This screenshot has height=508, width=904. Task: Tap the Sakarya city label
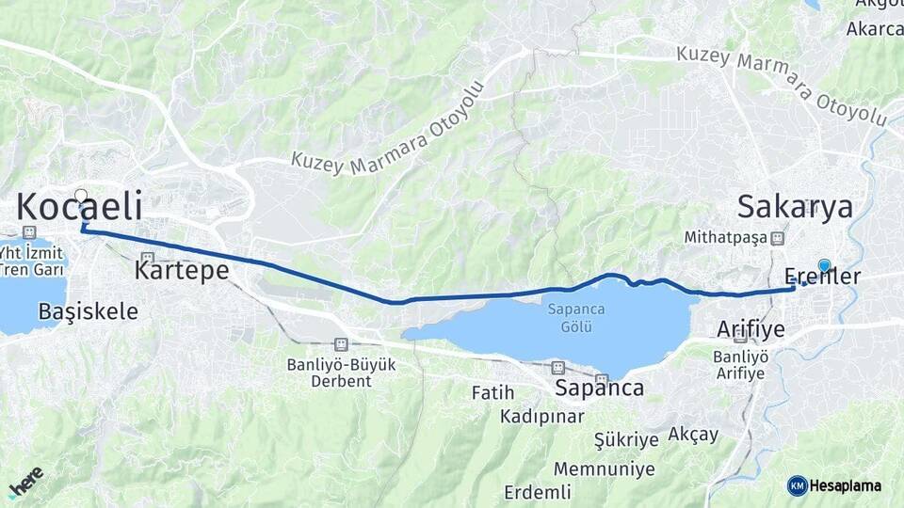[795, 207]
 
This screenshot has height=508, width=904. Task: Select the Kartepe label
[182, 271]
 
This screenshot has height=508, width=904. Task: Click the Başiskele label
[89, 311]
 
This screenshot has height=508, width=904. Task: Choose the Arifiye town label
[751, 329]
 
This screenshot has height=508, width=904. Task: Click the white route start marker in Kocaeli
[81, 197]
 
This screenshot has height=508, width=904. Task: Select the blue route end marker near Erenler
[825, 266]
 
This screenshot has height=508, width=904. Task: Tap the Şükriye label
[626, 439]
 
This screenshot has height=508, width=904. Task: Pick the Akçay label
[693, 435]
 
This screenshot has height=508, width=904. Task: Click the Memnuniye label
[604, 468]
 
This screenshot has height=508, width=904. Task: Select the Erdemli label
[538, 492]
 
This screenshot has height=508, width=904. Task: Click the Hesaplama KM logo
[834, 485]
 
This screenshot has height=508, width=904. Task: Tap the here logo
[25, 482]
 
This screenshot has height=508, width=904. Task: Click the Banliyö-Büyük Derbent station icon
[341, 345]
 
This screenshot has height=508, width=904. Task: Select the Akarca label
[874, 29]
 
